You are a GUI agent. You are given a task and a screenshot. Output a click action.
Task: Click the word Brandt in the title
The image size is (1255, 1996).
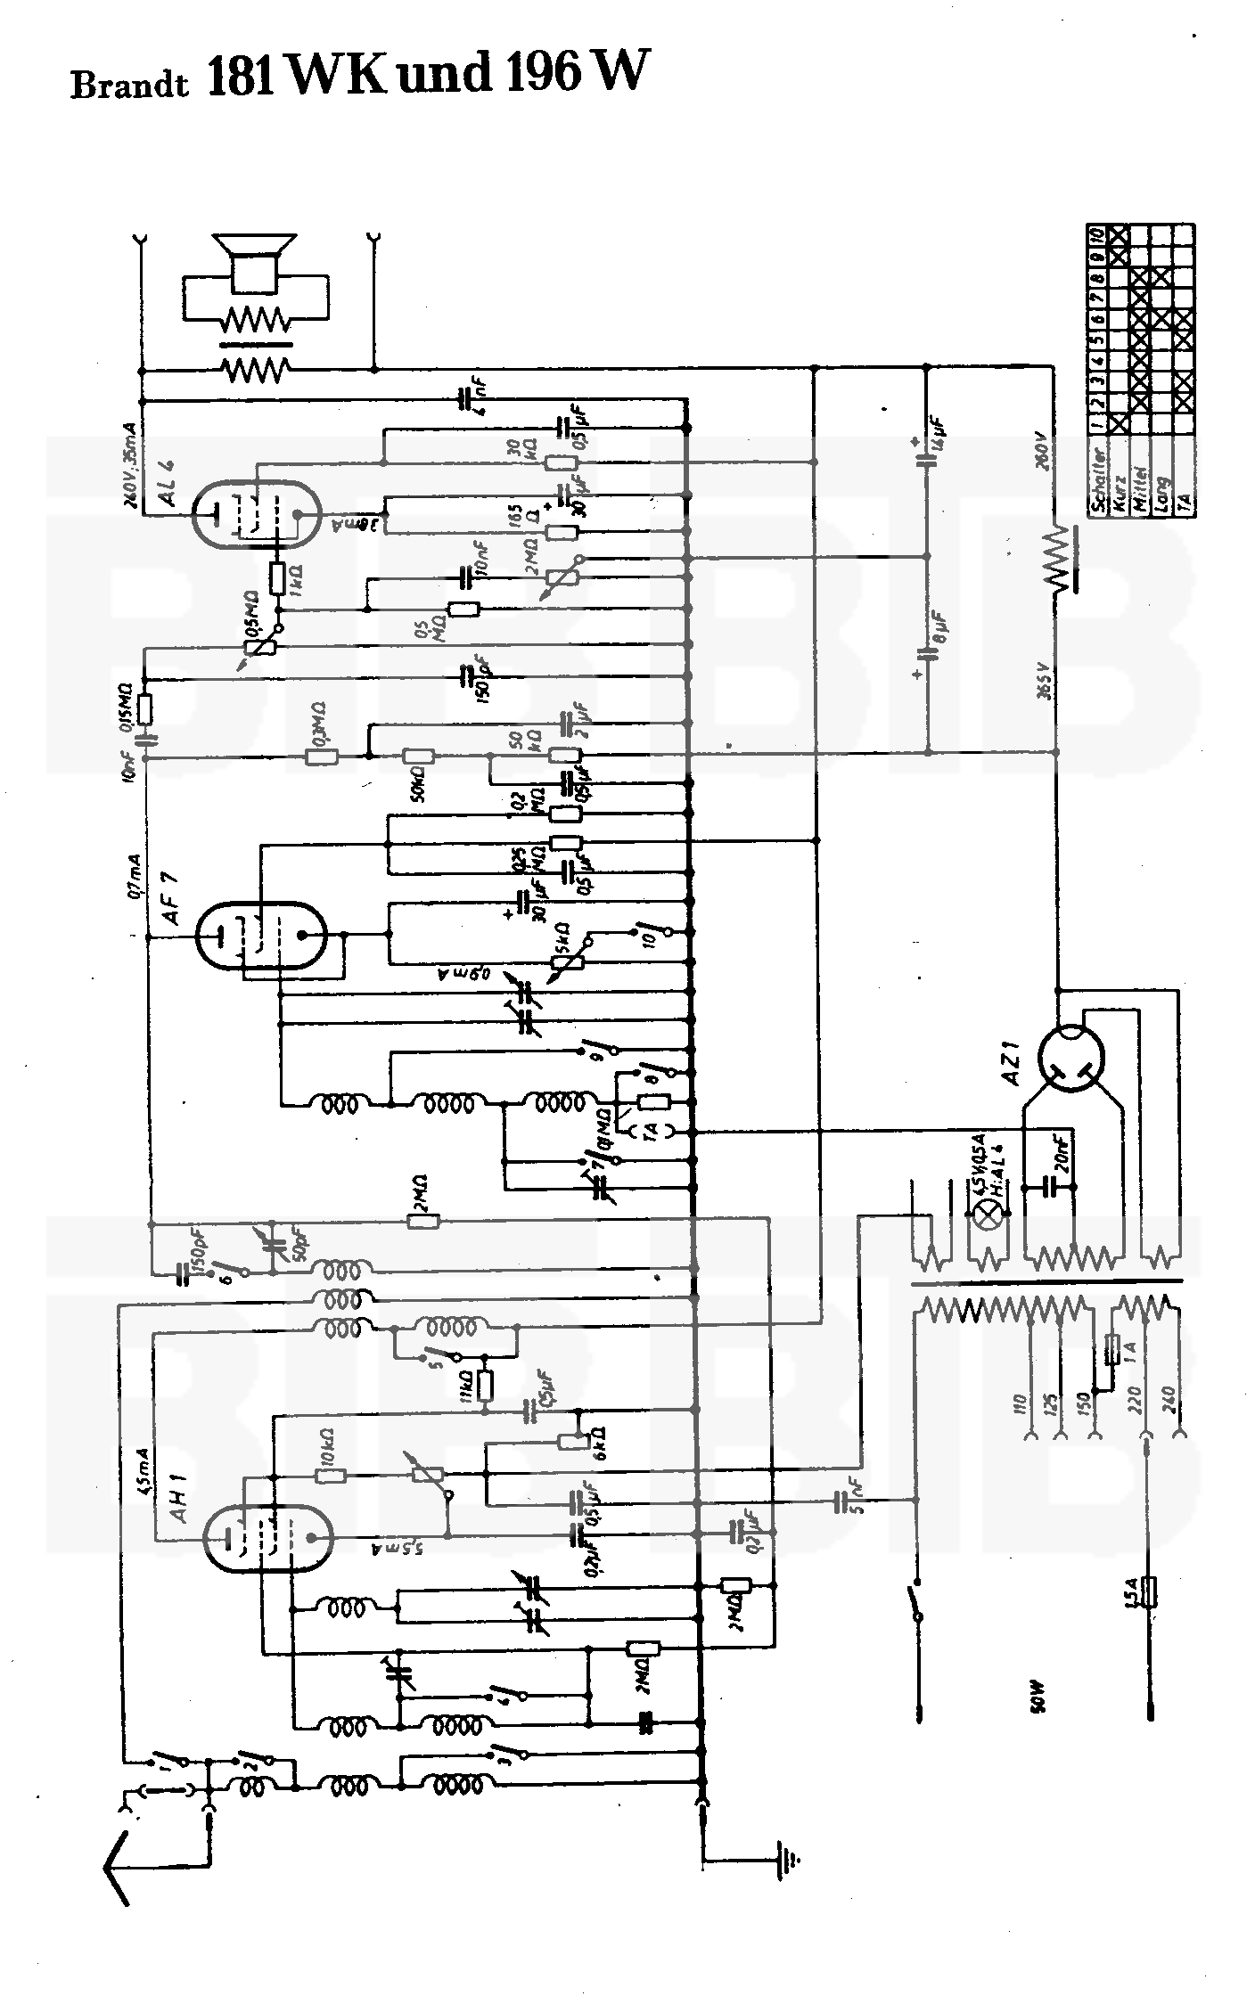click(129, 85)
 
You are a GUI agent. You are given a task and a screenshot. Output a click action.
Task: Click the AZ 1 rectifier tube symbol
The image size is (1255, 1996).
click(1070, 1060)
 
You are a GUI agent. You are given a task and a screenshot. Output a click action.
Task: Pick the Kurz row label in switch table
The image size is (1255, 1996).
click(1119, 485)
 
